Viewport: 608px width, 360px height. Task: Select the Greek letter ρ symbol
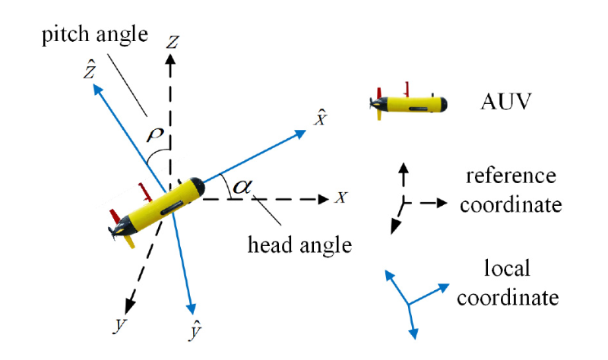157,134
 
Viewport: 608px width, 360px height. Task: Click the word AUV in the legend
502,101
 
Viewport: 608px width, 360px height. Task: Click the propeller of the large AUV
116,229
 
